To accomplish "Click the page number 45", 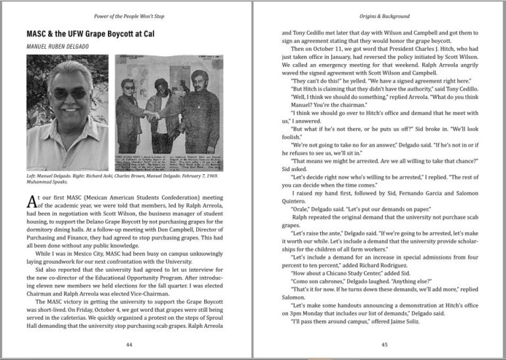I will point(385,344).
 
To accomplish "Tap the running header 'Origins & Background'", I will point(385,16).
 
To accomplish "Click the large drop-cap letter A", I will point(32,201).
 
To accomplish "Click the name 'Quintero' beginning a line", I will point(296,198).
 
